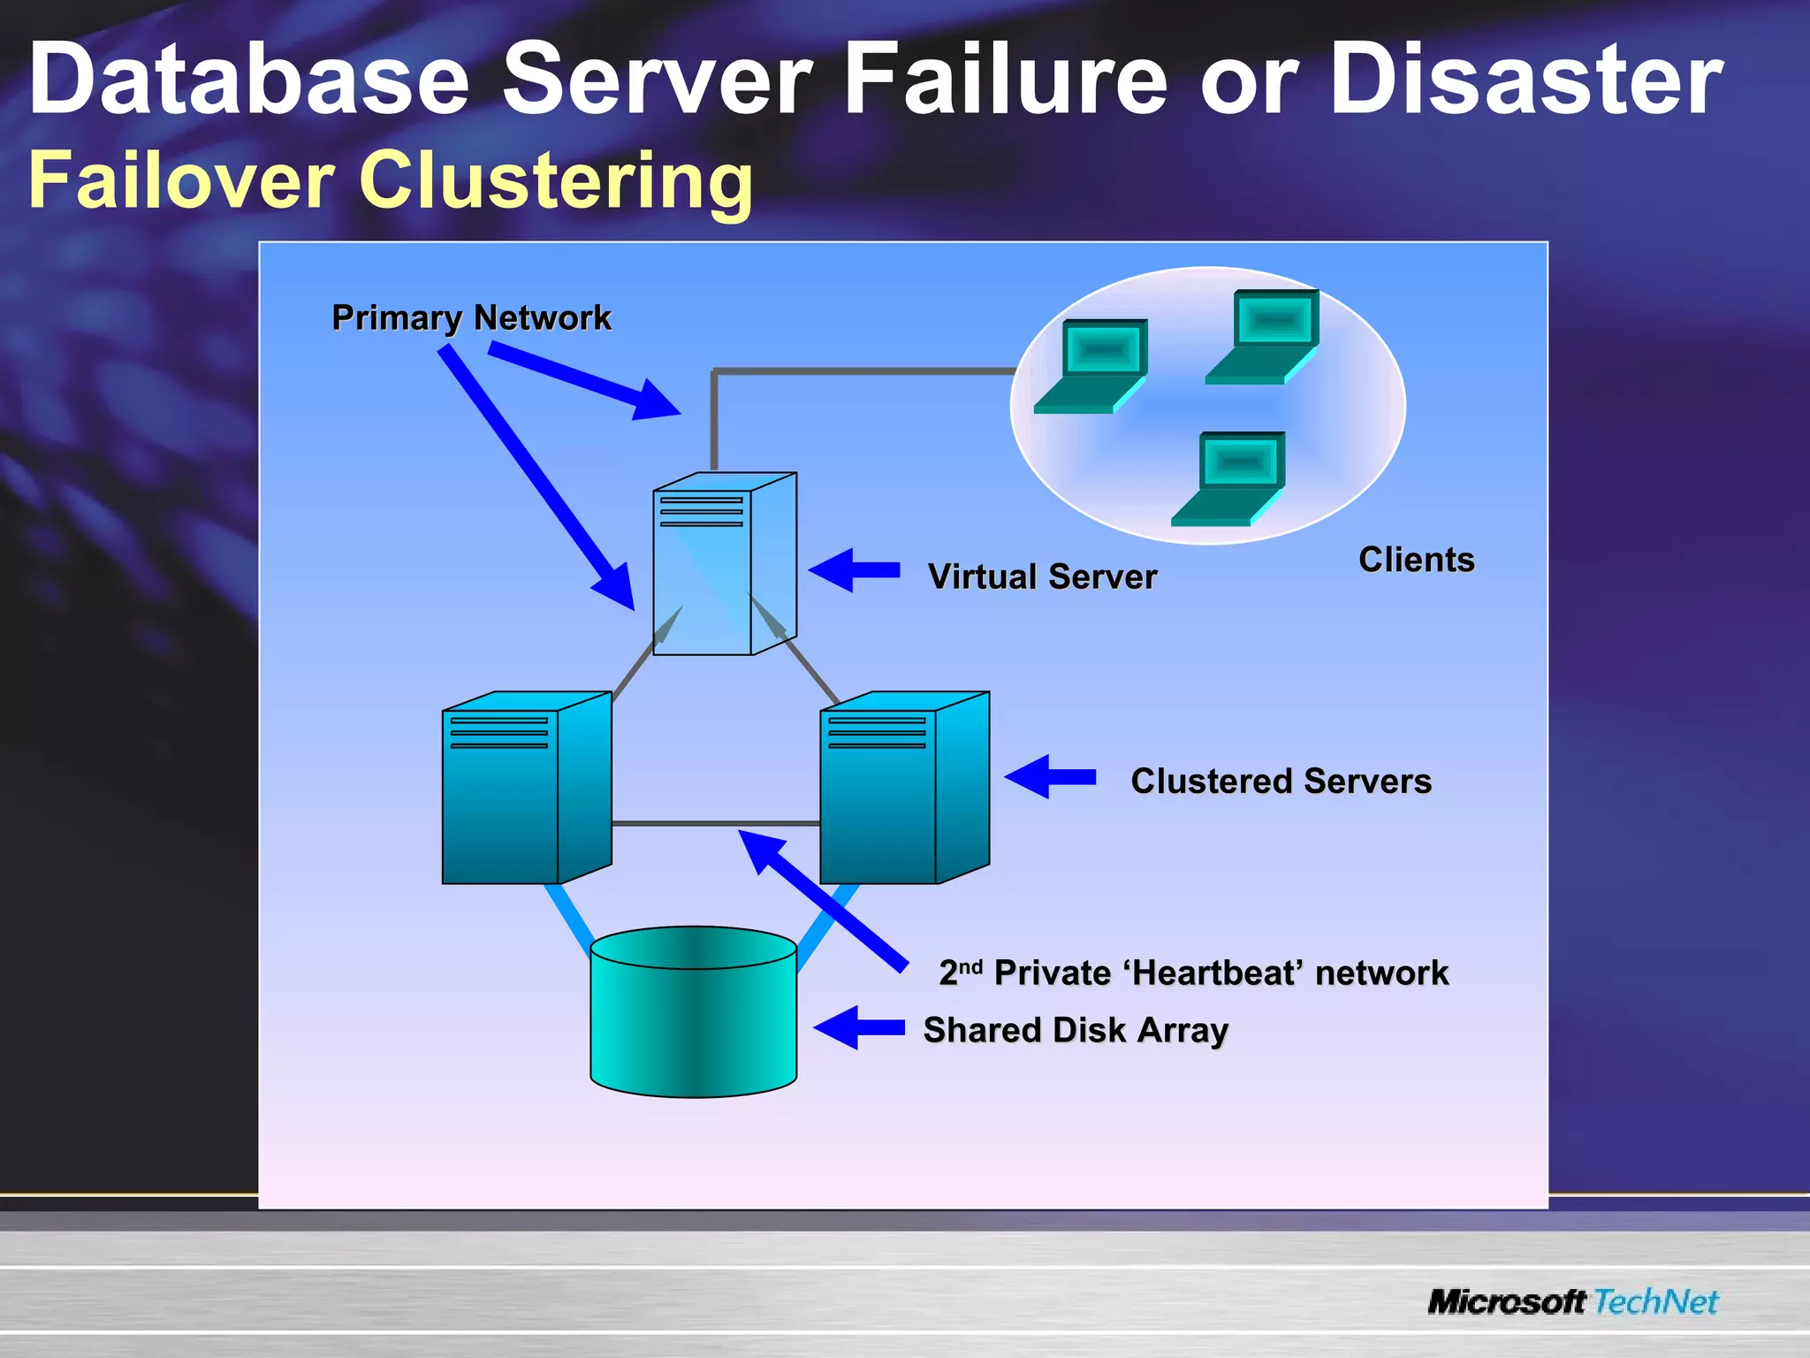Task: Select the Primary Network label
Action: coord(471,317)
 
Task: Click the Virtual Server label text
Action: coord(1042,576)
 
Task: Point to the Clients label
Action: coord(1416,560)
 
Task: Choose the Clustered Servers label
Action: coord(1281,781)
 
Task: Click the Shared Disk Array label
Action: coord(1076,1030)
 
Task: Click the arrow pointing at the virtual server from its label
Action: coord(852,570)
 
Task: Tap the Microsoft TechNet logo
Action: coord(1572,1301)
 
